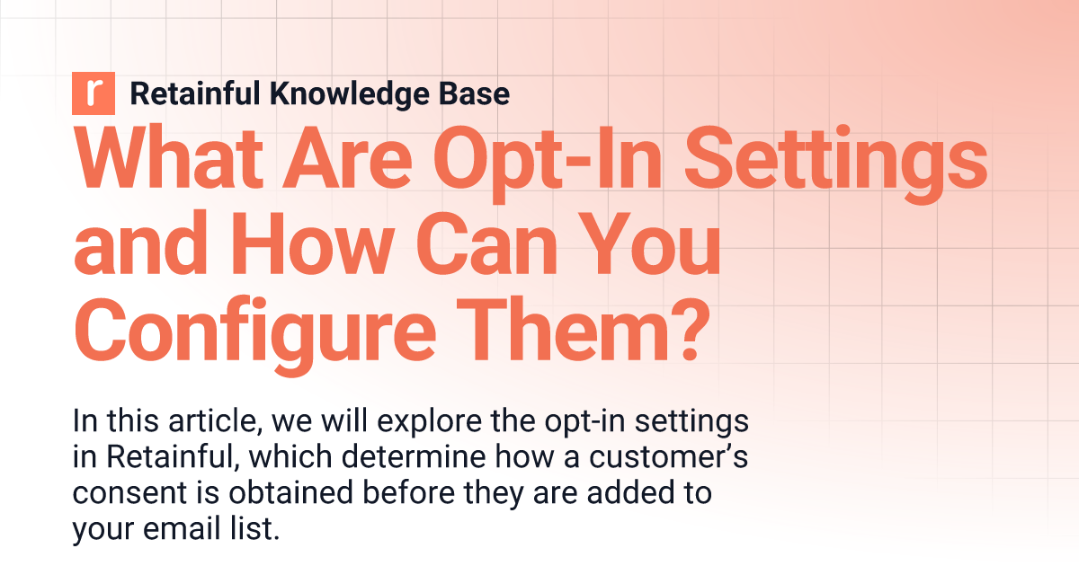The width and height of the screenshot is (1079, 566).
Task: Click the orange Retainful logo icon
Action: pos(94,93)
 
